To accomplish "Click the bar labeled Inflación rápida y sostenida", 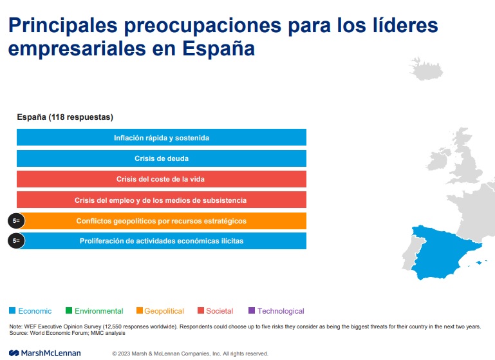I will pyautogui.click(x=161, y=138).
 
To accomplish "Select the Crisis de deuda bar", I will pyautogui.click(x=161, y=158).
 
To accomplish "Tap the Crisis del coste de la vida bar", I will pyautogui.click(x=161, y=179).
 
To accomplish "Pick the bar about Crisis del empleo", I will pyautogui.click(x=161, y=200).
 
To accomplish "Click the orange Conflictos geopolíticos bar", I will pyautogui.click(x=161, y=221).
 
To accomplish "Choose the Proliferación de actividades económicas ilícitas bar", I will pyautogui.click(x=161, y=241).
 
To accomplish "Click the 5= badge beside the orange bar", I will pyautogui.click(x=16, y=221).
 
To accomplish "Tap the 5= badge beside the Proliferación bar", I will pyautogui.click(x=16, y=241).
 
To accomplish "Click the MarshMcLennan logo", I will pyautogui.click(x=45, y=353).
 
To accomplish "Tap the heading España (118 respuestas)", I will pyautogui.click(x=64, y=117).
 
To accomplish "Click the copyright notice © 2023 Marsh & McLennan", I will pyautogui.click(x=190, y=354).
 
